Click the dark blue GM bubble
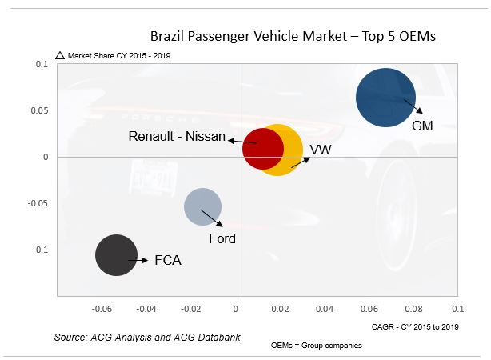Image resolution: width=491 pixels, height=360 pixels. [385, 97]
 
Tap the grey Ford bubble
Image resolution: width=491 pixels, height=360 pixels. [202, 206]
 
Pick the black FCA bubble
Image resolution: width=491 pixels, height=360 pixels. [117, 256]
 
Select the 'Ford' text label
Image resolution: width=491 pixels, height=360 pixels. [222, 238]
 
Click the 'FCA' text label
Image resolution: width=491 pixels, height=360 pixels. [168, 261]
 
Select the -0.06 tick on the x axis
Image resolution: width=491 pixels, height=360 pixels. [102, 308]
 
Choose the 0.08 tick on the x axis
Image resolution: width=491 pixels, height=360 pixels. [413, 308]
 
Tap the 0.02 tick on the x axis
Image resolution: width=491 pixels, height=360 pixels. [280, 308]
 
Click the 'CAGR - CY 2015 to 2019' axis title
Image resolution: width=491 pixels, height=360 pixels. [415, 326]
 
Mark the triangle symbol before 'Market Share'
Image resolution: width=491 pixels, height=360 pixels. [59, 56]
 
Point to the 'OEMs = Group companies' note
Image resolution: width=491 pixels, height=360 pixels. [317, 346]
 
